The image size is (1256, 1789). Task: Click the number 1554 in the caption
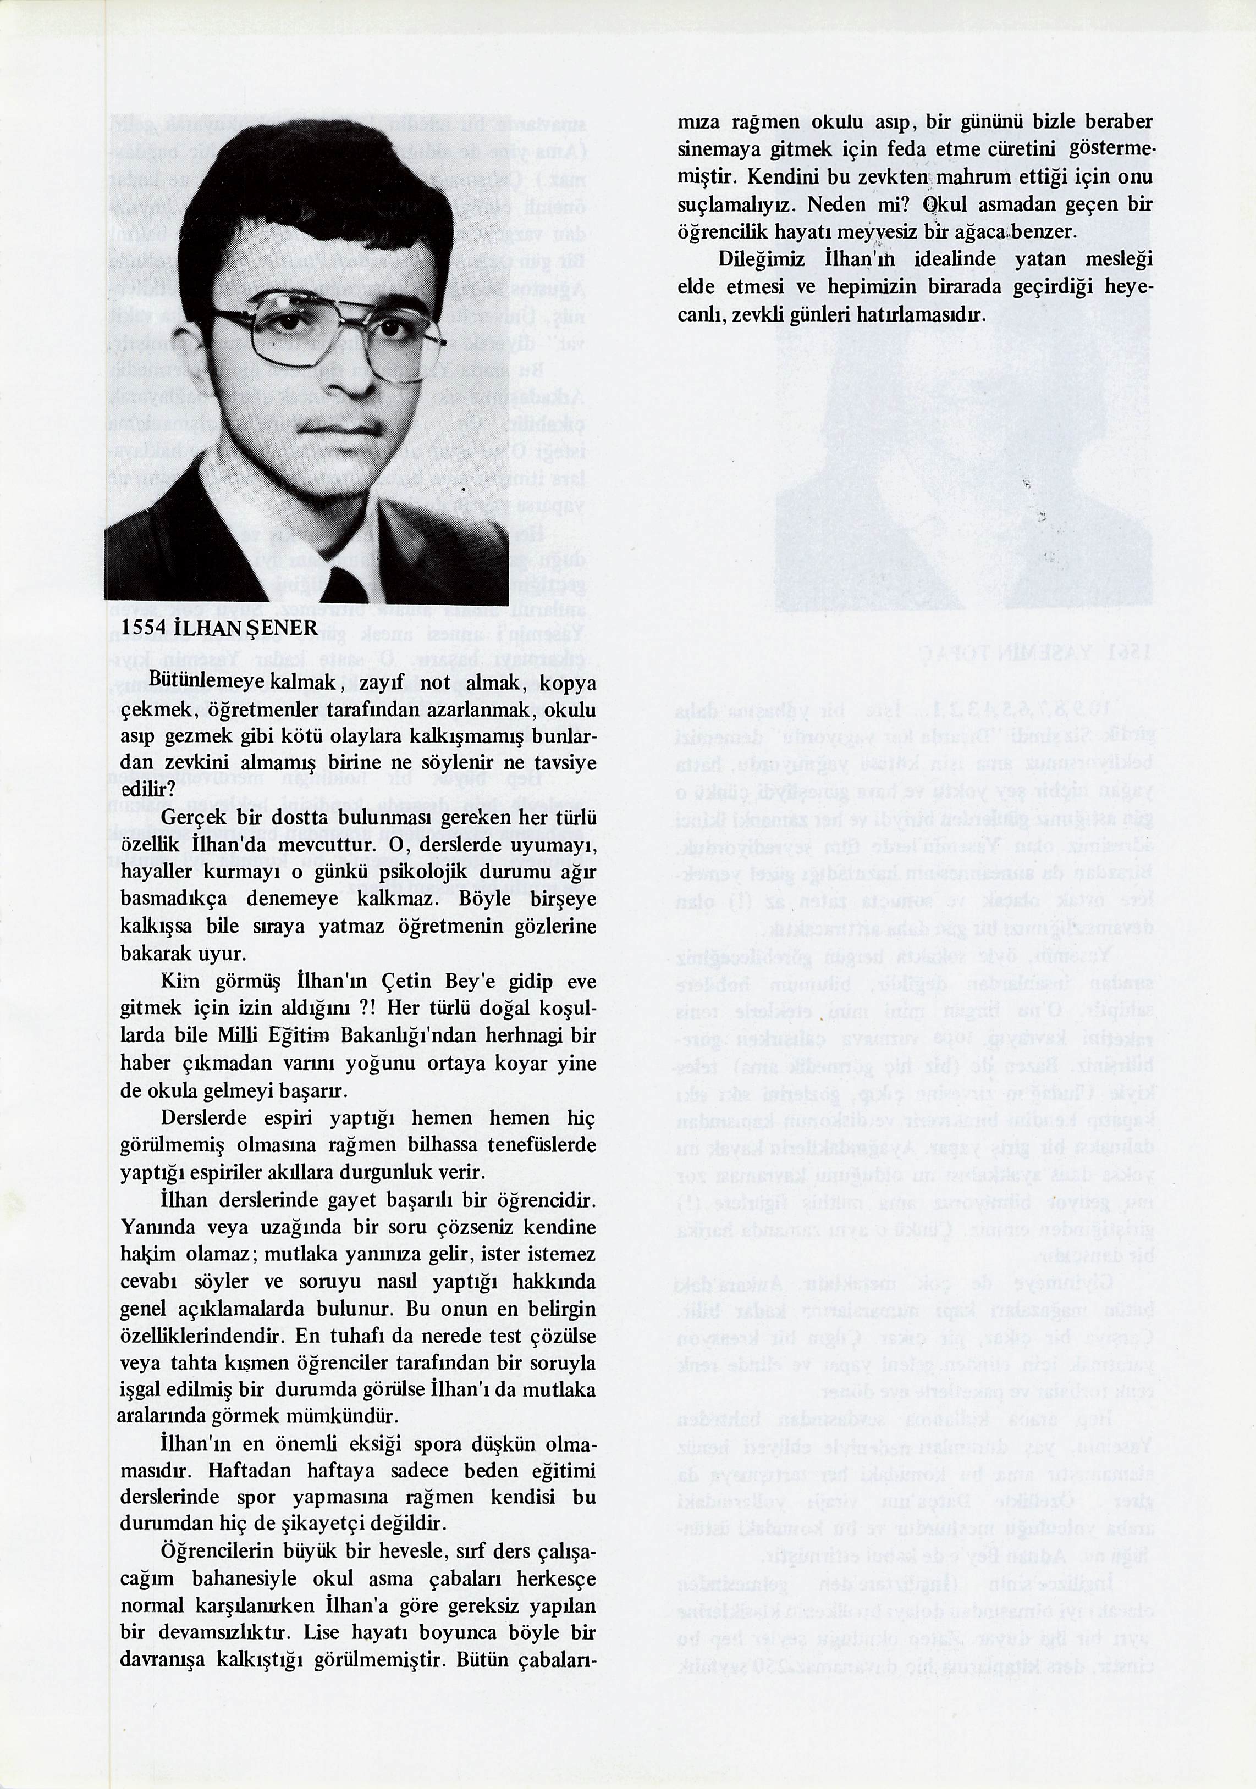point(142,628)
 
